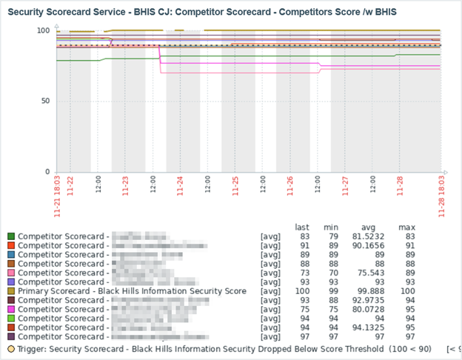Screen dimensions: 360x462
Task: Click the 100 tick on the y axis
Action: pyautogui.click(x=42, y=30)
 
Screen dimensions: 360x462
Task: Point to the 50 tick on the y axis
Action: pyautogui.click(x=44, y=101)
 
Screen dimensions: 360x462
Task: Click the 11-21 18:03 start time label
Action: pyautogui.click(x=57, y=197)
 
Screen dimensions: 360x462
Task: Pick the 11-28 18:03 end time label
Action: pyautogui.click(x=443, y=197)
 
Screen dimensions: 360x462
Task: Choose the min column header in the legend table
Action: pyautogui.click(x=331, y=226)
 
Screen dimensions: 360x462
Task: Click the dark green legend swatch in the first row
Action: pyautogui.click(x=11, y=236)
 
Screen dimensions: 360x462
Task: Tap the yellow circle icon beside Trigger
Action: pyautogui.click(x=11, y=347)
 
